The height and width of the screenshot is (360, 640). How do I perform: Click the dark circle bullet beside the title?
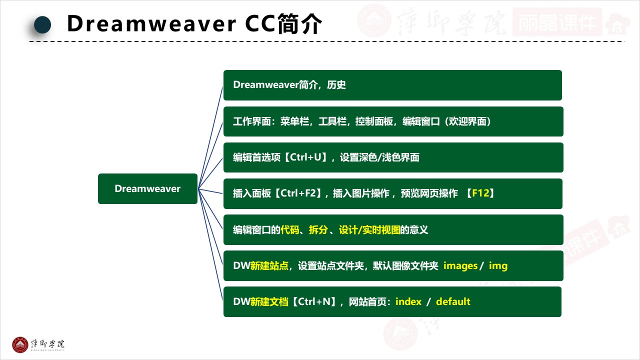tap(42, 24)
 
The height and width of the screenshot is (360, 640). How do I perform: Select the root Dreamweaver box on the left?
tap(147, 188)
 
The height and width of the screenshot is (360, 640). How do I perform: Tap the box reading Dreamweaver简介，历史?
tap(392, 85)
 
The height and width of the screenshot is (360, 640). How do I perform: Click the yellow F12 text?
tap(480, 193)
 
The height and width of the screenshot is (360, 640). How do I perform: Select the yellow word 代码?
tap(289, 229)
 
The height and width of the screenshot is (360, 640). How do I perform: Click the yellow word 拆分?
tap(318, 229)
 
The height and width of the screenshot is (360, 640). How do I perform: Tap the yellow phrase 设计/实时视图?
tap(369, 229)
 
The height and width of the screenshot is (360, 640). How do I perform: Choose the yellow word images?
tap(460, 265)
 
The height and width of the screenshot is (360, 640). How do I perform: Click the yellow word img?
tap(498, 265)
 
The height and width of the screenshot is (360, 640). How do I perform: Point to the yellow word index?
tap(408, 301)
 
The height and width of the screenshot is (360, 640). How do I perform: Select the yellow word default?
tap(453, 301)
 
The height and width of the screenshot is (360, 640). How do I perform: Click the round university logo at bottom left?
tap(20, 344)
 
